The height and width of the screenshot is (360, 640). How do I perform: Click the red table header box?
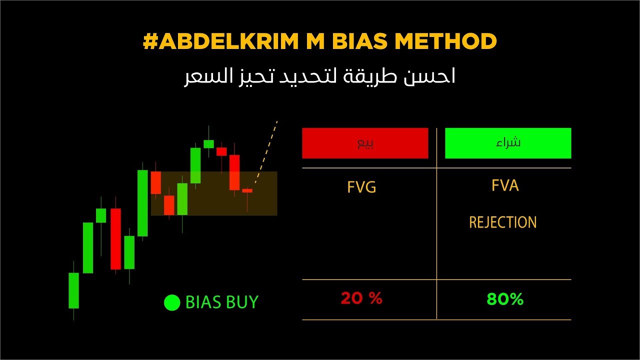coord(365,143)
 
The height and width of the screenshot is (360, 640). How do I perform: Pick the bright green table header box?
coord(508,143)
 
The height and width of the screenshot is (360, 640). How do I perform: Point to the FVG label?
coord(361,187)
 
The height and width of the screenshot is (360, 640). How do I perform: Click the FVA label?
coord(504,186)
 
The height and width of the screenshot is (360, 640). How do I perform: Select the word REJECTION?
coord(502,222)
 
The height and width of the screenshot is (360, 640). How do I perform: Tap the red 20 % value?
coord(361,298)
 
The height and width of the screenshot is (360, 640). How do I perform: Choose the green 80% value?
coord(504,299)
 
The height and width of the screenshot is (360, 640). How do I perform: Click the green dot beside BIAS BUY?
coord(171,302)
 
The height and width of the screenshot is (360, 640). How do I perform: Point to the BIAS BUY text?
coord(221,302)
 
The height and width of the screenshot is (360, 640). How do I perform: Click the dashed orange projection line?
coord(266,150)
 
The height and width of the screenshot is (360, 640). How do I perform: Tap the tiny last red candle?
coord(247,190)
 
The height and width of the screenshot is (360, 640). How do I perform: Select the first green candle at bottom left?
coord(74,290)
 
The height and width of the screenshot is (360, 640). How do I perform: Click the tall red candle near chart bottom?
coord(115,238)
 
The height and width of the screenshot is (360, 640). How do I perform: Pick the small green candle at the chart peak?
coord(208,144)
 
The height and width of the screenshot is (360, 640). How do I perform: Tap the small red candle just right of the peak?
coord(221,151)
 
